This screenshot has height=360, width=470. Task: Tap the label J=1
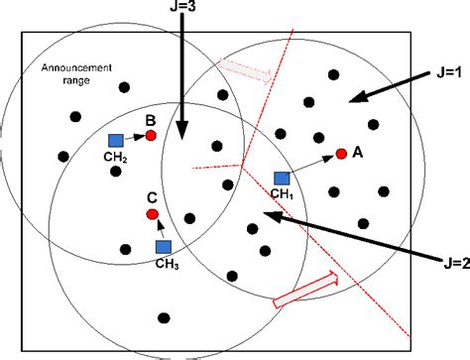[x=436, y=72]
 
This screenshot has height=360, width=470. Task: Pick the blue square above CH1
[x=282, y=179]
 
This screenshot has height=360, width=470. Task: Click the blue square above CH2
[x=116, y=141]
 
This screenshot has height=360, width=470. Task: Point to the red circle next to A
[x=341, y=154]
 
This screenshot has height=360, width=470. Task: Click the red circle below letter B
[x=151, y=135]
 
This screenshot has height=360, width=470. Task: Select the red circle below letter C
[x=152, y=214]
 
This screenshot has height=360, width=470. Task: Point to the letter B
[x=151, y=120]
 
